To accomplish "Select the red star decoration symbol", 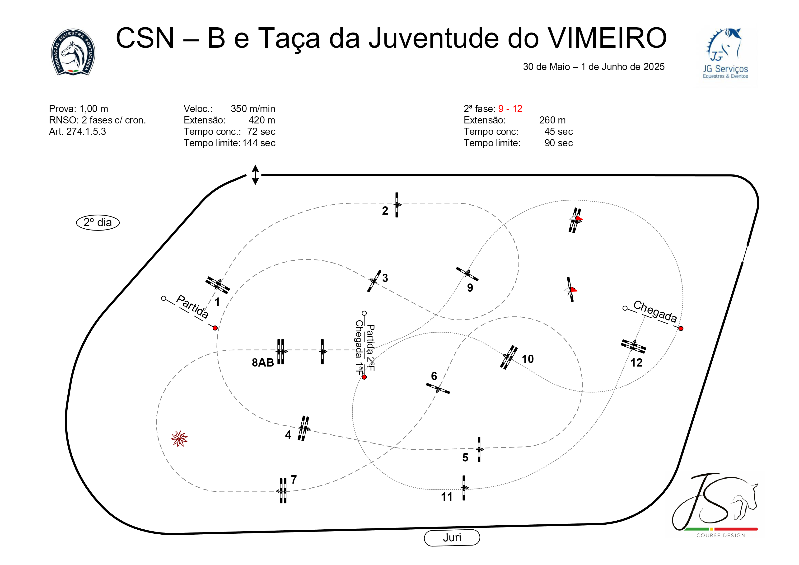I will pyautogui.click(x=179, y=439).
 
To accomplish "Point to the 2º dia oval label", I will pyautogui.click(x=98, y=222).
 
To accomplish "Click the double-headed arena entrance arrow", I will pyautogui.click(x=255, y=175).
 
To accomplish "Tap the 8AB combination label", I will pyautogui.click(x=263, y=363).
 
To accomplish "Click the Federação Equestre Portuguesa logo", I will pyautogui.click(x=73, y=52).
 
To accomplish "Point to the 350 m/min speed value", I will pyautogui.click(x=253, y=109).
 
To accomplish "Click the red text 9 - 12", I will pyautogui.click(x=510, y=109).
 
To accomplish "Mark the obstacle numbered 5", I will pyautogui.click(x=479, y=449).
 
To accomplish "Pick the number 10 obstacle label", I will pyautogui.click(x=528, y=359).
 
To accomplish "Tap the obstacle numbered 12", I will pyautogui.click(x=633, y=346).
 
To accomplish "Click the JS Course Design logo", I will pyautogui.click(x=715, y=505).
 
